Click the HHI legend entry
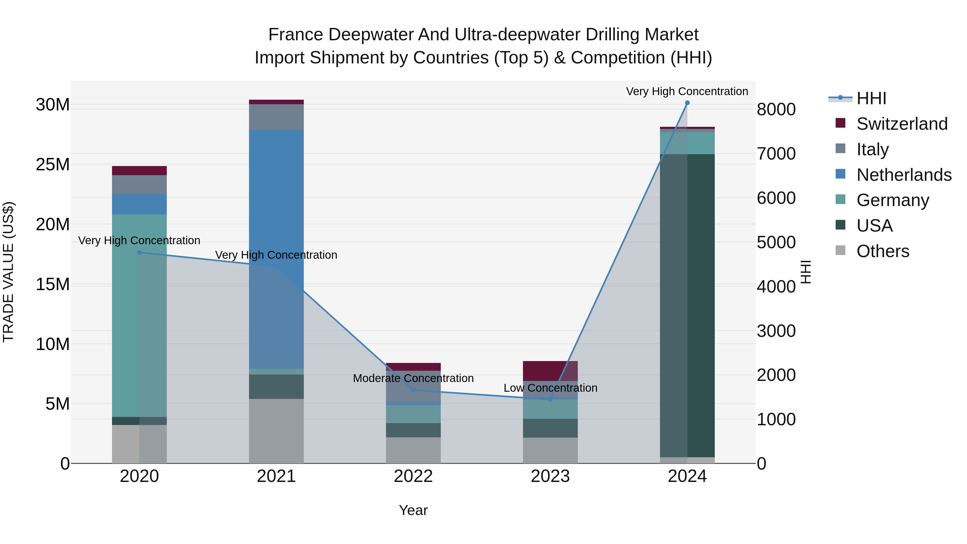tap(871, 98)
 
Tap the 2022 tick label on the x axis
tap(413, 476)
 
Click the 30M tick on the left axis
tap(53, 105)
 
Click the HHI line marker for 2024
tap(687, 103)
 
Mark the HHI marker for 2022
tap(413, 390)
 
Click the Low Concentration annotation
tap(550, 388)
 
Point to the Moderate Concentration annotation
tap(413, 378)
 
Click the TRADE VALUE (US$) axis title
tap(8, 272)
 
